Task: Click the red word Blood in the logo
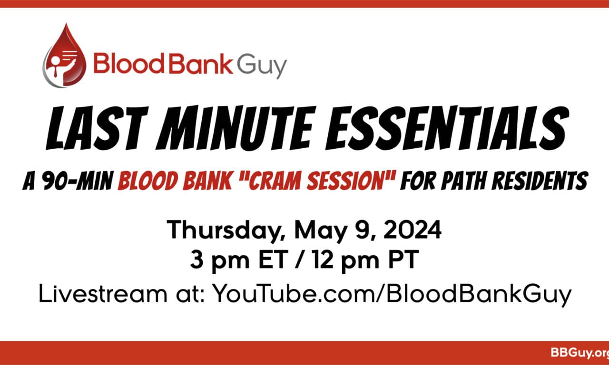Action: [129, 63]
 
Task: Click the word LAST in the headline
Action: [98, 128]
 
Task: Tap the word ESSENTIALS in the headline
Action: [447, 128]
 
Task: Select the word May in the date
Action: [321, 231]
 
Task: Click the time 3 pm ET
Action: [239, 260]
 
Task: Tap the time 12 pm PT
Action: [365, 260]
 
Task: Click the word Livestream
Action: [103, 294]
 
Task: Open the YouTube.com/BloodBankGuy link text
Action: [392, 295]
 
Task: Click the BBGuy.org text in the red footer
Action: [580, 353]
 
